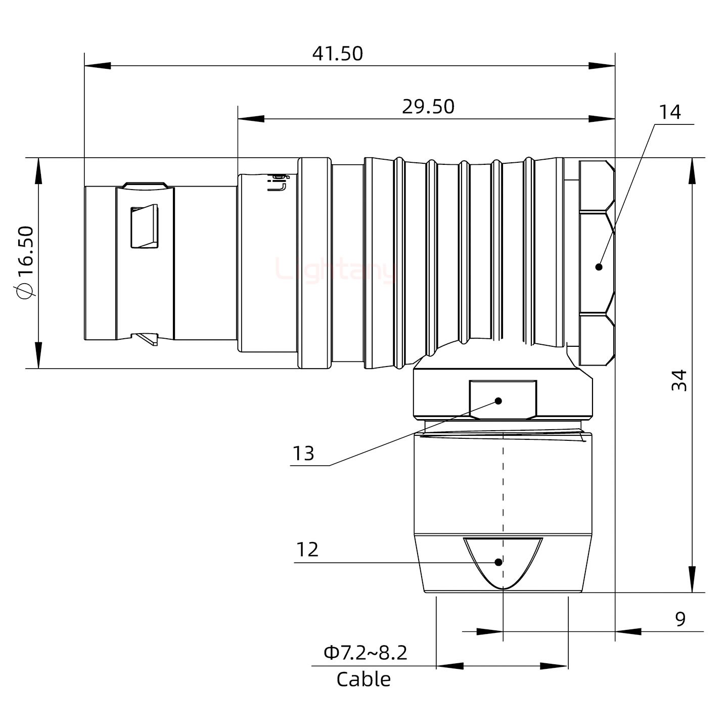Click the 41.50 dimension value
337,54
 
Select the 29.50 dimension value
428,107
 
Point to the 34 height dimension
679,380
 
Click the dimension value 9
680,618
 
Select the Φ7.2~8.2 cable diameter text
365,653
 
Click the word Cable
363,679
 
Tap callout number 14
669,112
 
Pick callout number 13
303,453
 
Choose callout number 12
307,550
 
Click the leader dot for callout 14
599,267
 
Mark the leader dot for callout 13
498,401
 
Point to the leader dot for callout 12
498,562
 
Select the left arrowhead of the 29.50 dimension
250,119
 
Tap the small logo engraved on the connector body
278,183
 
